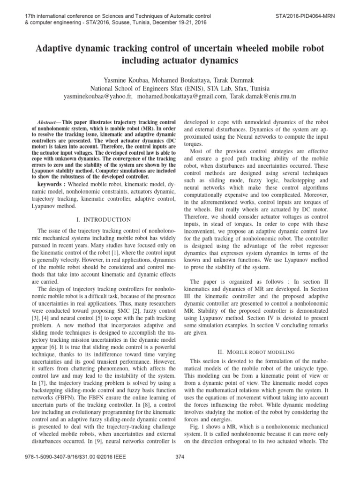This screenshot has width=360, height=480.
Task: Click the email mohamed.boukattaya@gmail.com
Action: click(181, 96)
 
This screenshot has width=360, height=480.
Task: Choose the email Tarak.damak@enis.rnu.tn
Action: click(262, 96)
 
